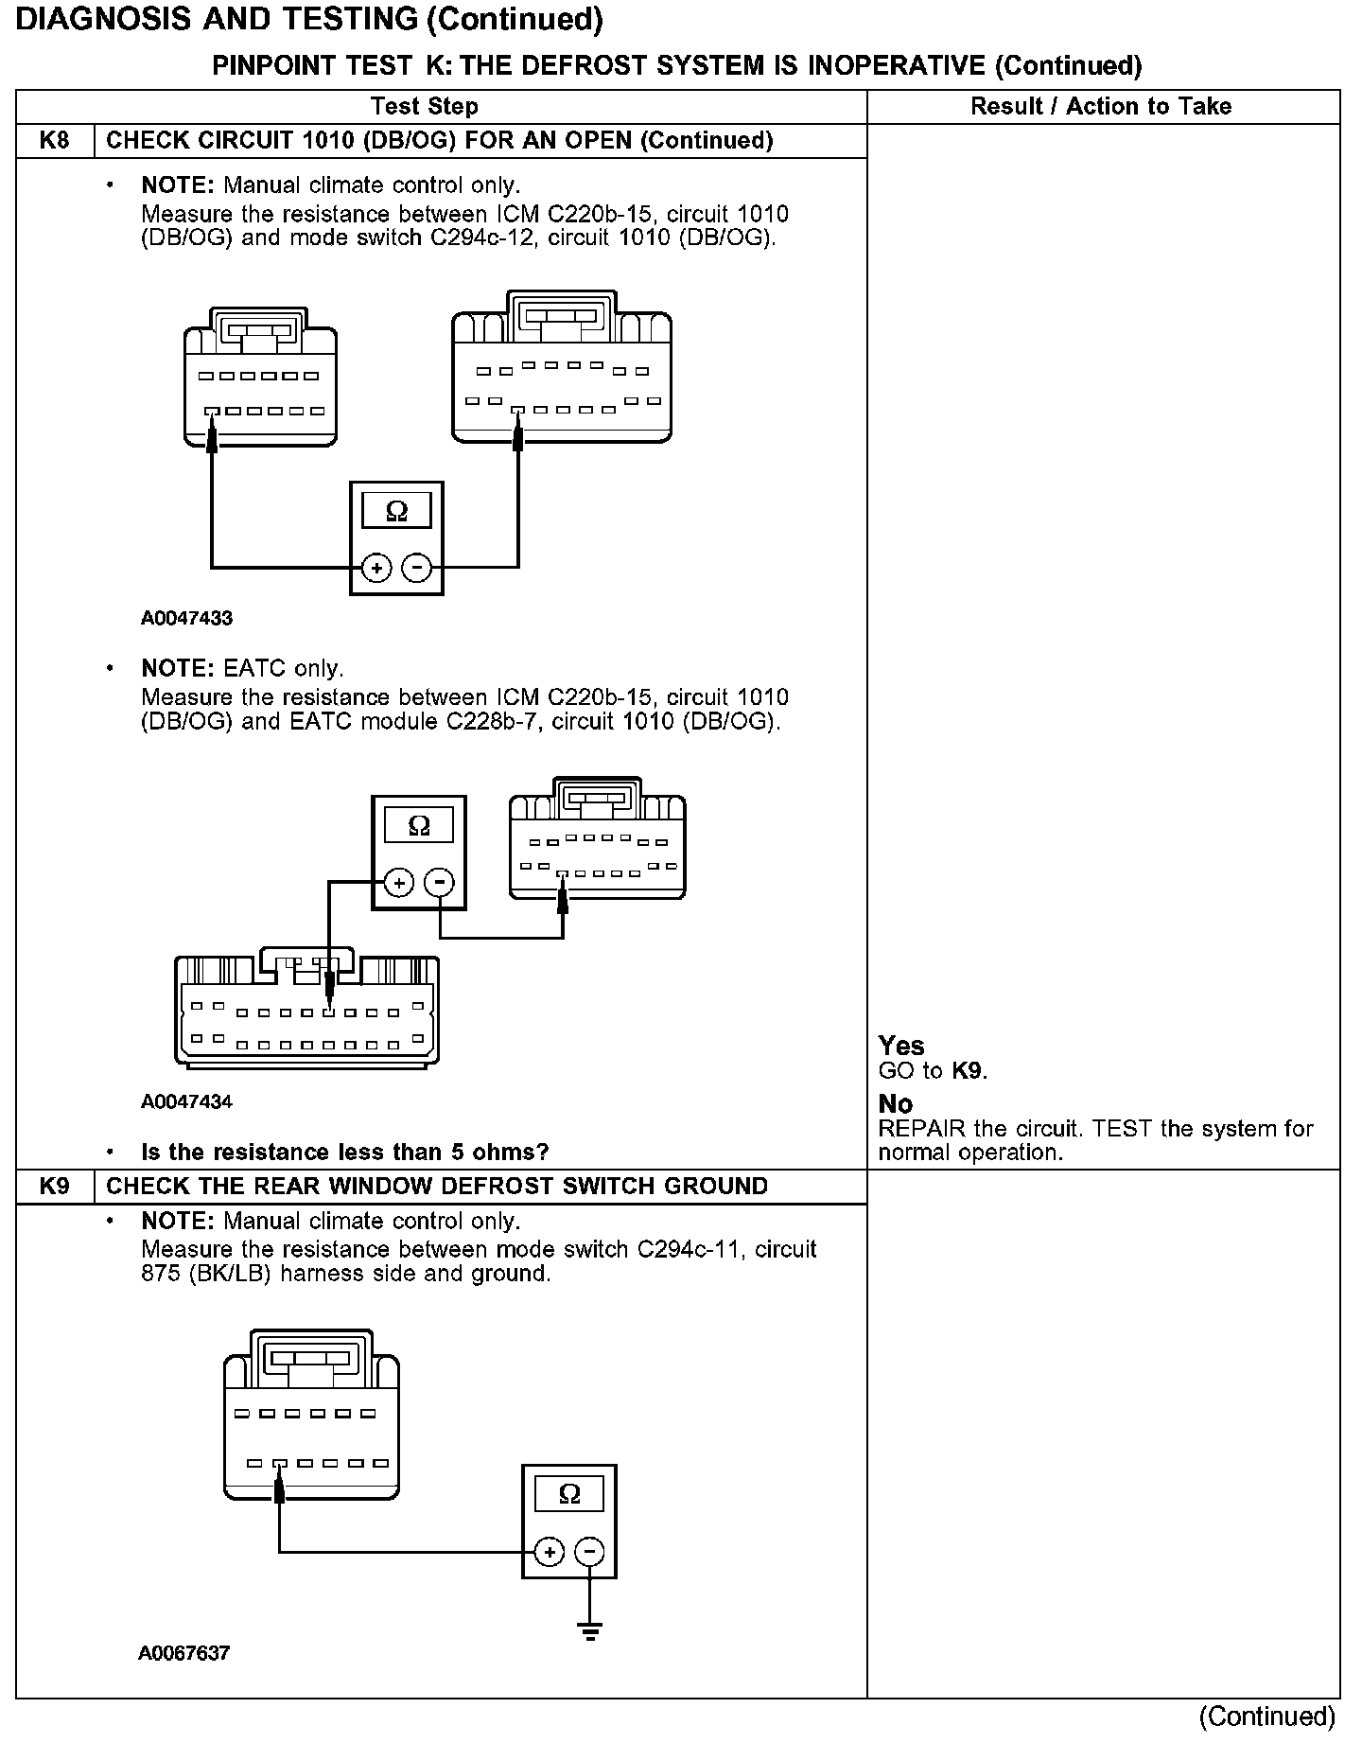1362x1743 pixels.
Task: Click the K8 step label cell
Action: (x=55, y=141)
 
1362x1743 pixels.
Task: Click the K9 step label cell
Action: (x=55, y=1187)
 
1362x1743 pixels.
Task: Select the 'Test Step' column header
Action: (x=424, y=106)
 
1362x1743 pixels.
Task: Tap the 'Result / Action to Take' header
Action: (x=1101, y=106)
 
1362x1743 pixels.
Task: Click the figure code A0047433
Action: (x=186, y=619)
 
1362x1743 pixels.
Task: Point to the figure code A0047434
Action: (x=186, y=1101)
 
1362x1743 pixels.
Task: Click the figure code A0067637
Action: (x=184, y=1653)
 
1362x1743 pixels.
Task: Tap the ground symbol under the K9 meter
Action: (x=589, y=1630)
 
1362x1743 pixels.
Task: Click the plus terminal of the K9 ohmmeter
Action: (x=550, y=1552)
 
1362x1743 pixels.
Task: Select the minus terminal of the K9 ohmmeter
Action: (x=589, y=1552)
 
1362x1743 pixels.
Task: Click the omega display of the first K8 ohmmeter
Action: (x=397, y=512)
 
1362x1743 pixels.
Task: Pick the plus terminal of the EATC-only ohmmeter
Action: (x=399, y=883)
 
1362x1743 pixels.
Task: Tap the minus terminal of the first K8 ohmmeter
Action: (x=417, y=568)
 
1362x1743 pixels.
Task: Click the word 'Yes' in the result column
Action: (x=900, y=1046)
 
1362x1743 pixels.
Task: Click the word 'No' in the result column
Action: (x=895, y=1104)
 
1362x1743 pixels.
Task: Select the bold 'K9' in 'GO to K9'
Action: (x=968, y=1071)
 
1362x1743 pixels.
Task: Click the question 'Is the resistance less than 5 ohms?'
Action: (x=344, y=1152)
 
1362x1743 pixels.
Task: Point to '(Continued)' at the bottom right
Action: (x=1266, y=1717)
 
